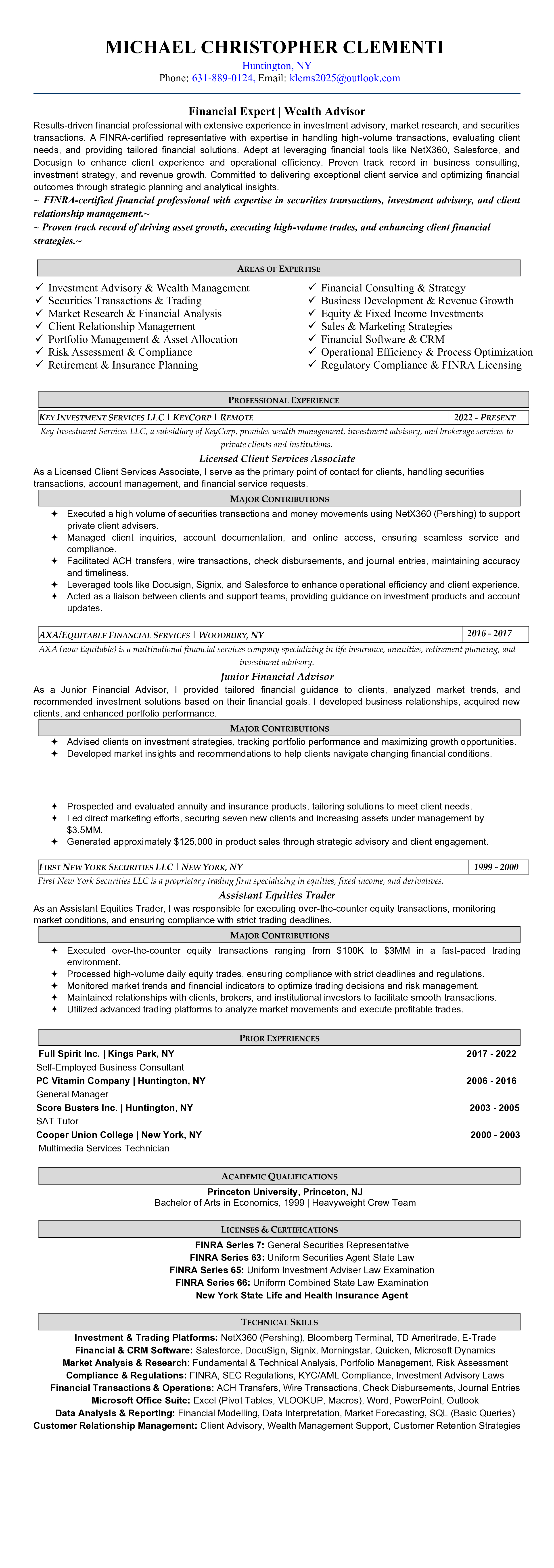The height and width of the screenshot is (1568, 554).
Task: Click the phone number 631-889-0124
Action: click(223, 78)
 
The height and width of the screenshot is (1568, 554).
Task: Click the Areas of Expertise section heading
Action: click(278, 268)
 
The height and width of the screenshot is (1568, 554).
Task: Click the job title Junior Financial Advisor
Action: click(277, 676)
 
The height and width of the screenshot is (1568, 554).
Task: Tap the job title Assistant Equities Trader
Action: click(277, 895)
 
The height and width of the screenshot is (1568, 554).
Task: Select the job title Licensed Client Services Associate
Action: click(277, 458)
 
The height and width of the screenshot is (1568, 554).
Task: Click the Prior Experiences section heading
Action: click(279, 1038)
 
